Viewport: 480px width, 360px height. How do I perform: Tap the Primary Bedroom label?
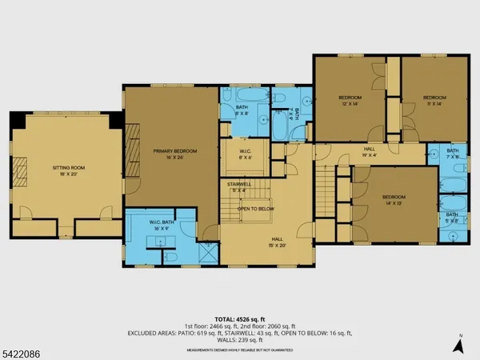174,154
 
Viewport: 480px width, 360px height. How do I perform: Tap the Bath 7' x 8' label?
452,153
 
